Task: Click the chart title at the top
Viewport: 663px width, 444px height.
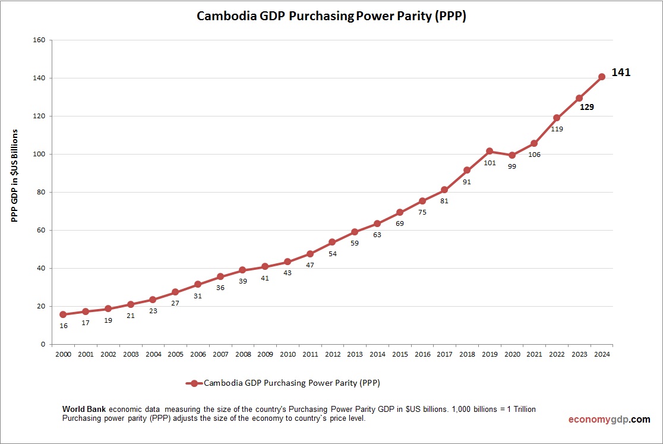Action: click(331, 17)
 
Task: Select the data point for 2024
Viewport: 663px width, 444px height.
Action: click(601, 77)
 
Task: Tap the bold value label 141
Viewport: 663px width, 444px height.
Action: click(621, 73)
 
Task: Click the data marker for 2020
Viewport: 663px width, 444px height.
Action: click(512, 155)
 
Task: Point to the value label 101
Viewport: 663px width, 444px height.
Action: click(490, 163)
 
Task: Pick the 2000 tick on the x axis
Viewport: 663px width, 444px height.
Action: click(63, 354)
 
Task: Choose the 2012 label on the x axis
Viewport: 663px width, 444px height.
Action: click(333, 354)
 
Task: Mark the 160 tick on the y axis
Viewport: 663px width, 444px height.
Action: click(40, 40)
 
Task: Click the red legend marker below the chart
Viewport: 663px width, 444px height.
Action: click(194, 383)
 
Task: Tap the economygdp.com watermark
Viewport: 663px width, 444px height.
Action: click(609, 419)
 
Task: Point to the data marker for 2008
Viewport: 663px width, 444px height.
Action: click(242, 270)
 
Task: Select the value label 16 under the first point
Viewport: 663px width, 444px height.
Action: click(63, 326)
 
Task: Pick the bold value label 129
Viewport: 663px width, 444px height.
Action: click(587, 108)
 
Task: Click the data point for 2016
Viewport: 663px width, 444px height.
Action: click(422, 201)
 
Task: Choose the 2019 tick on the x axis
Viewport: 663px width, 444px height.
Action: click(490, 354)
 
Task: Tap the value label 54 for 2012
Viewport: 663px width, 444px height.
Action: click(333, 254)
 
